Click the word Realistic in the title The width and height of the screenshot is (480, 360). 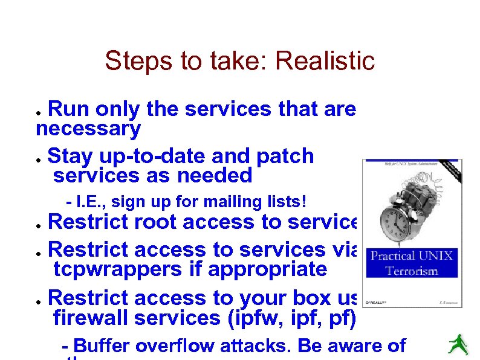click(325, 61)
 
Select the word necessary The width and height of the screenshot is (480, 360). click(88, 128)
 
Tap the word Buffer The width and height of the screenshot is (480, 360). click(102, 347)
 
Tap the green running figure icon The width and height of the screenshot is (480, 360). click(458, 344)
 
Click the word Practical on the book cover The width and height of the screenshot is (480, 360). click(392, 256)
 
